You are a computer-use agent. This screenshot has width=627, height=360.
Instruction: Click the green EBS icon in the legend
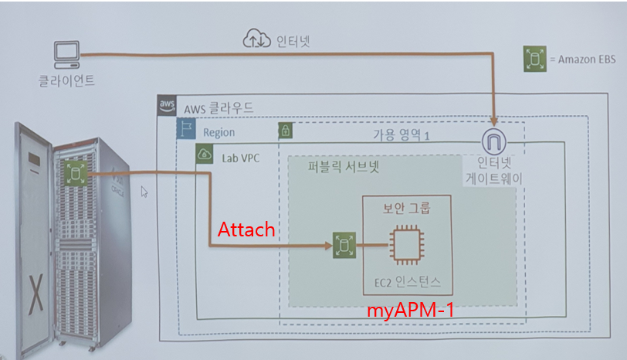click(x=530, y=59)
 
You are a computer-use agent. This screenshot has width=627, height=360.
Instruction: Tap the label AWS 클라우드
click(x=219, y=107)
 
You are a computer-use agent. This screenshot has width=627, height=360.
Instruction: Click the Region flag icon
click(x=187, y=131)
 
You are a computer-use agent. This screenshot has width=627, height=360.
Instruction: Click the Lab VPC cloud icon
click(x=205, y=155)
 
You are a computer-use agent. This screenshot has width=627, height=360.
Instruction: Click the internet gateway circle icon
click(x=493, y=142)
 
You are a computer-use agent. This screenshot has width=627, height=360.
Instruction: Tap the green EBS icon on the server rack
click(x=76, y=175)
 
